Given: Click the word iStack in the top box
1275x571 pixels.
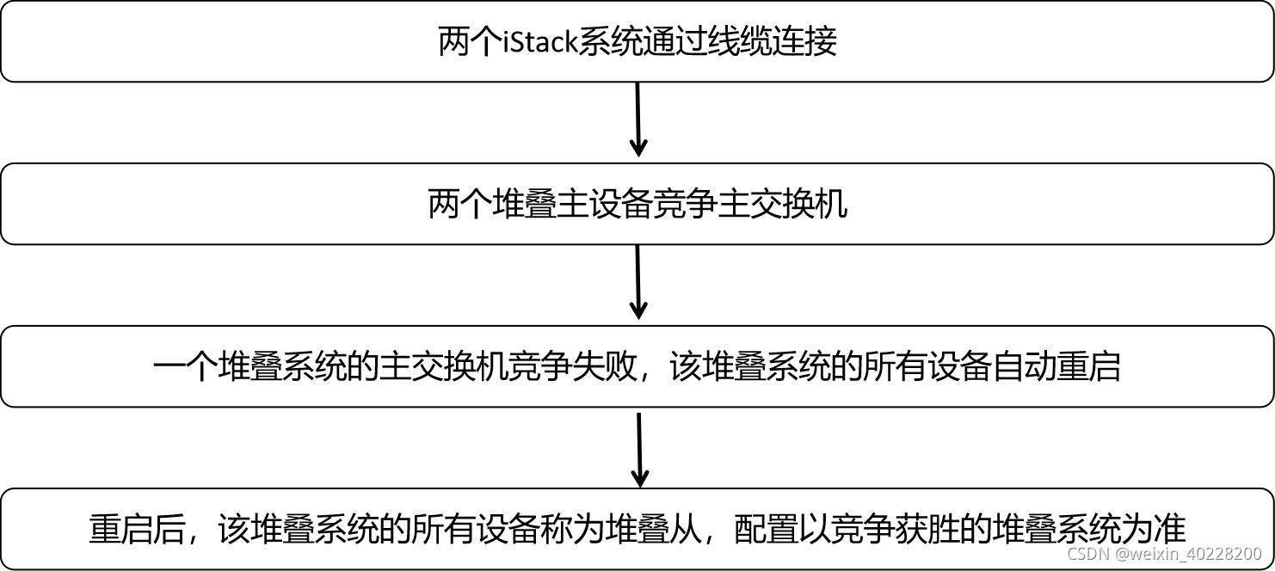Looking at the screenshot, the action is [x=539, y=42].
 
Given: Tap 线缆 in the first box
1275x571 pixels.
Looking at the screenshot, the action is [x=738, y=42].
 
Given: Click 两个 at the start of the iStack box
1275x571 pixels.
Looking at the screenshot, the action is [x=470, y=42].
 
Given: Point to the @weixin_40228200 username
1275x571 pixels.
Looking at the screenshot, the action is [x=1191, y=554].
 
